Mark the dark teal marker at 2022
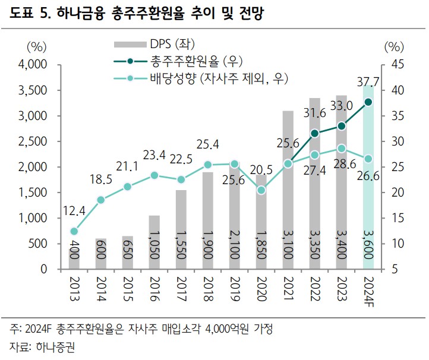316,134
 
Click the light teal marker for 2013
74,231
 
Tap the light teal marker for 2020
261,190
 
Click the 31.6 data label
315,113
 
